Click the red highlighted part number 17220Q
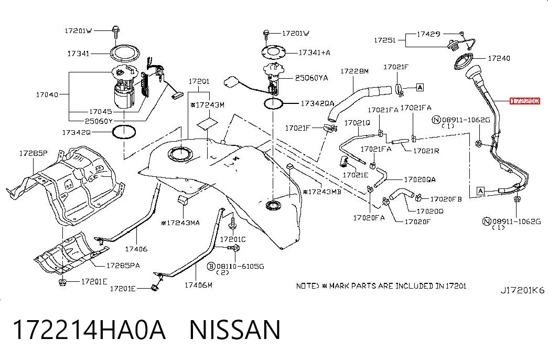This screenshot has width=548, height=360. click(x=525, y=101)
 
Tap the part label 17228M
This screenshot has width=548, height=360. click(x=354, y=71)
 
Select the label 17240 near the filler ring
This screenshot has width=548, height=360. click(x=499, y=58)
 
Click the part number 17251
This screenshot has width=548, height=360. click(x=385, y=40)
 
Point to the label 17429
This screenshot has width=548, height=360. click(x=428, y=34)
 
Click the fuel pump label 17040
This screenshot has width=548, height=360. click(x=47, y=94)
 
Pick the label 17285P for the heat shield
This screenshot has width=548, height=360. click(x=33, y=153)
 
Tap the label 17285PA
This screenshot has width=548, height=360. click(x=123, y=265)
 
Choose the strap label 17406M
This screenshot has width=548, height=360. click(x=198, y=285)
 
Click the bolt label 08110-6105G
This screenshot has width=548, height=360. click(x=240, y=266)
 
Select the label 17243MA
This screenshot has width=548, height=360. click(x=180, y=223)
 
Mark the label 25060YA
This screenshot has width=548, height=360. click(x=311, y=78)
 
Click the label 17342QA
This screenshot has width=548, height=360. click(x=317, y=103)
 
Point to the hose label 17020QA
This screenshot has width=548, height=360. click(x=420, y=179)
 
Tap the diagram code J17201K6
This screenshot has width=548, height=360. click(x=522, y=290)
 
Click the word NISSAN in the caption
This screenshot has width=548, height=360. click(x=234, y=330)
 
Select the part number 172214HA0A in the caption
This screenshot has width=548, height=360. click(x=89, y=330)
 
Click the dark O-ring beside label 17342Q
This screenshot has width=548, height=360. click(x=124, y=132)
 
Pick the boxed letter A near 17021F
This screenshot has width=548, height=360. click(x=420, y=87)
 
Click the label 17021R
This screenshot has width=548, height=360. click(x=426, y=151)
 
